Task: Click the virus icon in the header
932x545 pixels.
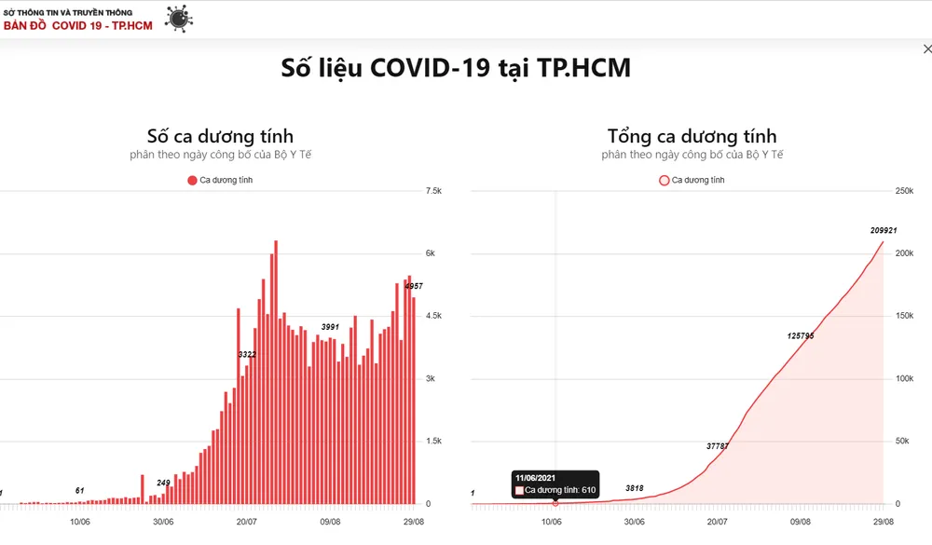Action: point(177,18)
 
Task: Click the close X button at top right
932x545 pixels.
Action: point(925,49)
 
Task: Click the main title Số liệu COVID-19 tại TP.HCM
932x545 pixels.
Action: point(456,68)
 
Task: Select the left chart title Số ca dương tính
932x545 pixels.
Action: point(220,137)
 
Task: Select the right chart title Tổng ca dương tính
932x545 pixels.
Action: point(692,137)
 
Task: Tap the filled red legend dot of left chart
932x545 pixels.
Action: point(192,180)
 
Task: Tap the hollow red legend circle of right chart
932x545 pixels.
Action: point(664,180)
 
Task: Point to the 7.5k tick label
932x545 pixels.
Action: point(433,191)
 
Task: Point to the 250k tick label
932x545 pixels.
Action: point(904,191)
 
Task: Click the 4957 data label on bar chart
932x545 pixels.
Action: point(414,286)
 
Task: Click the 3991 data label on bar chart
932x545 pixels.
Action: point(330,327)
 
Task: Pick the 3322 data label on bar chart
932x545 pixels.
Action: point(247,355)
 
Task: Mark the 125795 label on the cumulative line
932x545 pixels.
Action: point(800,335)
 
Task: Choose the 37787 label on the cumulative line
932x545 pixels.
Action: point(718,446)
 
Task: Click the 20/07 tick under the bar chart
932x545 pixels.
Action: point(247,522)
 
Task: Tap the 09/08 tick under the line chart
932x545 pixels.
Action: point(801,522)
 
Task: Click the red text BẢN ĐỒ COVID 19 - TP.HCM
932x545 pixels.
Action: point(78,25)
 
